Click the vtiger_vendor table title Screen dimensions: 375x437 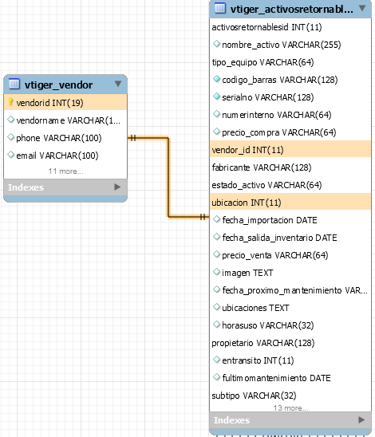(x=58, y=85)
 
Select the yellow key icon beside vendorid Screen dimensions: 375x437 (x=10, y=102)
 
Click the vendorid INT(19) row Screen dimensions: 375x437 (x=65, y=102)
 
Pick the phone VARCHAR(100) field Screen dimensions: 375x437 (x=59, y=138)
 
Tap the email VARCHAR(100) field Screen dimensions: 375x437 (x=57, y=156)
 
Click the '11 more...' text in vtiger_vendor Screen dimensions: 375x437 (x=65, y=171)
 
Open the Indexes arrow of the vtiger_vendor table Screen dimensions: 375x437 (x=117, y=187)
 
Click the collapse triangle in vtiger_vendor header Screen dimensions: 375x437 (x=118, y=84)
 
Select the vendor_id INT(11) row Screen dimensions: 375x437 (x=290, y=150)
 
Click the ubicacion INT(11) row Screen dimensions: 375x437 (x=290, y=203)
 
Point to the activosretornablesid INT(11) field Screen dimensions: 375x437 (x=266, y=27)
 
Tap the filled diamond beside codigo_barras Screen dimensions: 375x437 (x=217, y=79)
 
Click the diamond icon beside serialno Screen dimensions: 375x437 (x=217, y=96)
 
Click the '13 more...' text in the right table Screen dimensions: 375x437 (x=290, y=408)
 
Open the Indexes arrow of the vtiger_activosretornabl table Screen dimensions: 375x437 (x=361, y=419)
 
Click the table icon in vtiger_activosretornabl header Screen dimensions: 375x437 (x=220, y=8)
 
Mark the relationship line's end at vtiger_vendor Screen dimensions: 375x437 (x=128, y=138)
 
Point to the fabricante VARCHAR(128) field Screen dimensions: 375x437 (x=262, y=167)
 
